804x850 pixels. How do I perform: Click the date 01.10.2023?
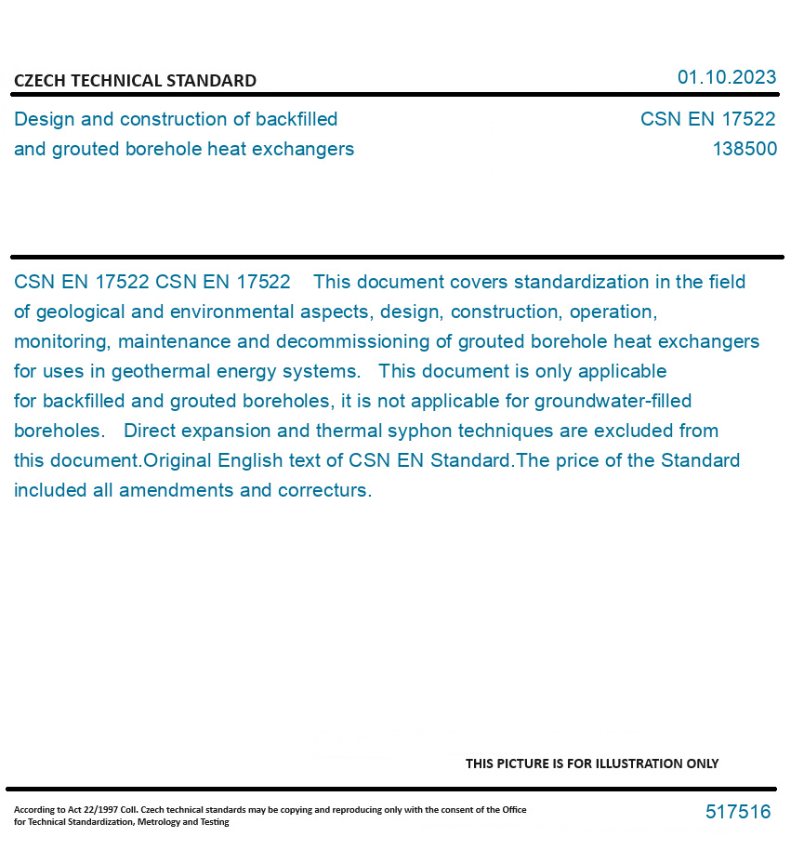(x=726, y=77)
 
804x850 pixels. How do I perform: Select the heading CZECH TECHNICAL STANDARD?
(x=135, y=81)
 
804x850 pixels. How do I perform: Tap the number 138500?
(x=745, y=149)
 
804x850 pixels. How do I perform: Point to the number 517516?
(x=738, y=812)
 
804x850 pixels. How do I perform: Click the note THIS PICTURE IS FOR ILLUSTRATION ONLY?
(x=592, y=764)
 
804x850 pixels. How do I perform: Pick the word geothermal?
(x=157, y=371)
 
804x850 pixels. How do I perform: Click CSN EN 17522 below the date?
(x=707, y=119)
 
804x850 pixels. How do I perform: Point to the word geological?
(x=80, y=312)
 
